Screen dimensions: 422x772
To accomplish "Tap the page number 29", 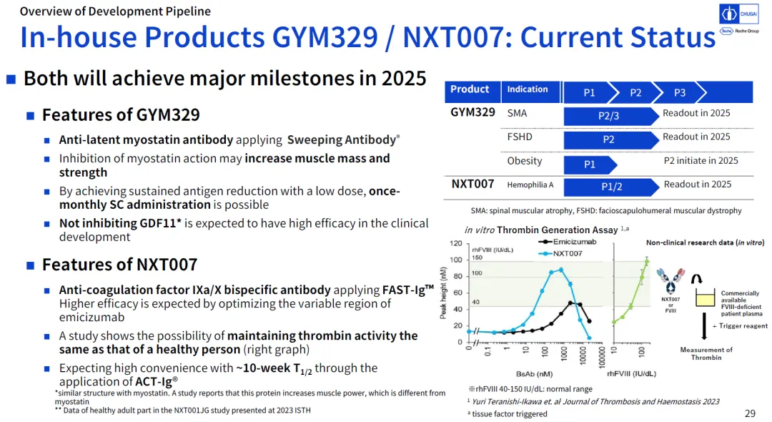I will [x=750, y=413].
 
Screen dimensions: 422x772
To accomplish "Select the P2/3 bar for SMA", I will [x=609, y=116].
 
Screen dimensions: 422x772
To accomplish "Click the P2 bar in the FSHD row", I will [x=609, y=139].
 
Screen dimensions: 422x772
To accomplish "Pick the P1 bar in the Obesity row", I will [x=590, y=165].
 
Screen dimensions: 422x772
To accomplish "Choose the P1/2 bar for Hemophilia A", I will [x=611, y=187].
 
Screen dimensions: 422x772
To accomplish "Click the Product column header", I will [x=470, y=89].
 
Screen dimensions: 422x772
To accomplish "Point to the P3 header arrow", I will [x=680, y=92].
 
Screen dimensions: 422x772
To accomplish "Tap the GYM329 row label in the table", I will [x=472, y=112].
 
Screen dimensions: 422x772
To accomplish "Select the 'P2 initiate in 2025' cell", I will [x=701, y=161].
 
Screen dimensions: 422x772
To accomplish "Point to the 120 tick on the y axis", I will [x=455, y=244].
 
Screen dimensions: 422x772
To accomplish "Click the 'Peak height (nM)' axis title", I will [x=445, y=293].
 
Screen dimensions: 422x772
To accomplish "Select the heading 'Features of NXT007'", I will [x=119, y=265].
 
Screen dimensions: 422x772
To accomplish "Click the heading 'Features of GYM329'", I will [x=121, y=115].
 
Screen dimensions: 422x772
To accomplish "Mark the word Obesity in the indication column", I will [x=524, y=161].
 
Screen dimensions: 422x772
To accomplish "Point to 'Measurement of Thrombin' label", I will [x=706, y=353].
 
